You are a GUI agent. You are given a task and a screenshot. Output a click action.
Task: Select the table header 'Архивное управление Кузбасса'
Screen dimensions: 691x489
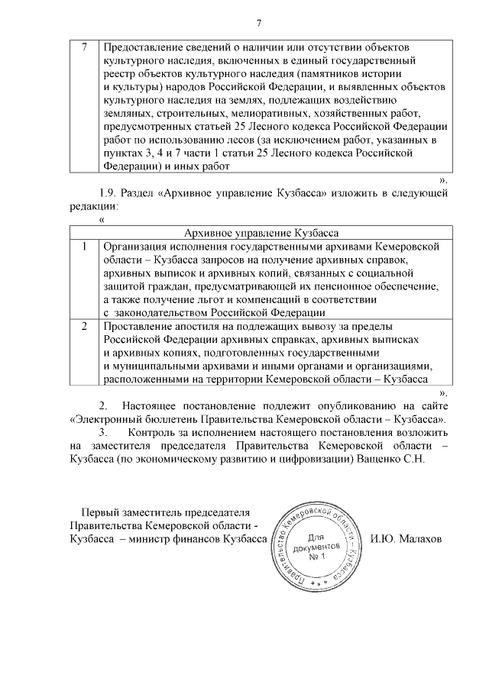(263, 232)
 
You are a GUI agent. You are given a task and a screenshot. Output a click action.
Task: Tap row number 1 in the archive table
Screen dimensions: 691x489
(85, 246)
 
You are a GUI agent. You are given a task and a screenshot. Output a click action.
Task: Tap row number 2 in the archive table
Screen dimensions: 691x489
(85, 326)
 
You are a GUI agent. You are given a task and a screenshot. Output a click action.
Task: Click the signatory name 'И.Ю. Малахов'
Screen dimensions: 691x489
(416, 538)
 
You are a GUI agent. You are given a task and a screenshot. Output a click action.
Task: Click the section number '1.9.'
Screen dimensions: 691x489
(109, 192)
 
